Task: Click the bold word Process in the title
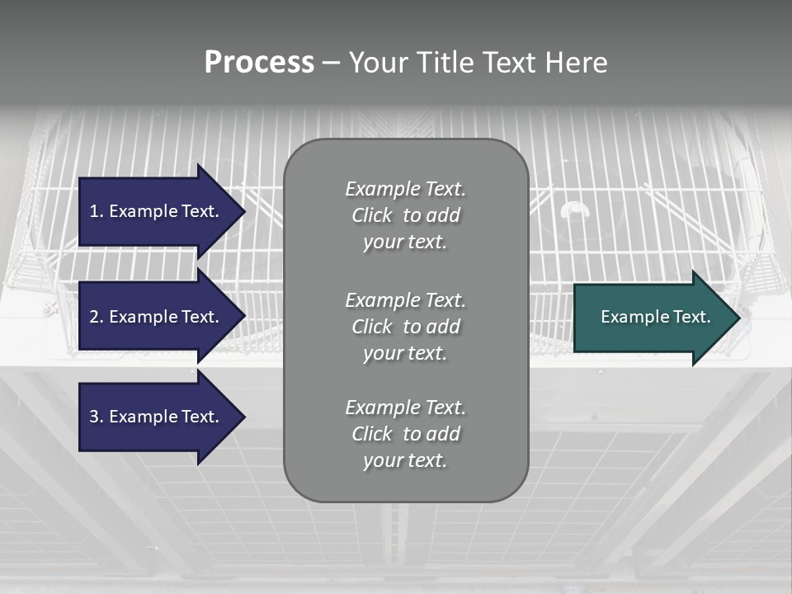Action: [x=259, y=63]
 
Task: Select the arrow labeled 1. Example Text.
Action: [x=157, y=211]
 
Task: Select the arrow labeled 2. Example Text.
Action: [x=157, y=317]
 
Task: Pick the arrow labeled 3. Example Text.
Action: [x=157, y=417]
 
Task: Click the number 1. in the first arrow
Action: [x=96, y=211]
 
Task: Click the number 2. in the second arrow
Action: [x=96, y=317]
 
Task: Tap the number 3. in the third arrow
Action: [x=96, y=417]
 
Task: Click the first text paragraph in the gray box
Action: [x=405, y=215]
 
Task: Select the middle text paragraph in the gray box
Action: [x=405, y=327]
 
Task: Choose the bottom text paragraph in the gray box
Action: [x=405, y=434]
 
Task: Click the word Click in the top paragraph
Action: [x=371, y=215]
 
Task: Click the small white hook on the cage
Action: [x=575, y=209]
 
